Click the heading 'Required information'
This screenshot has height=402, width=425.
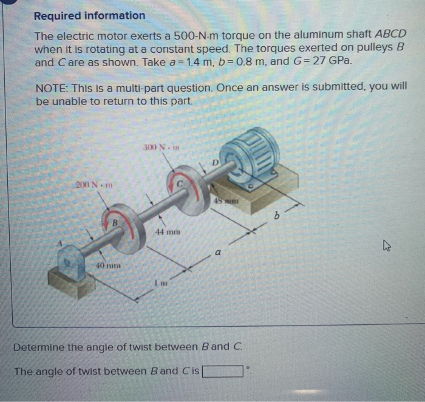(89, 16)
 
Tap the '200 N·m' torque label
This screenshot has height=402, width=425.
(91, 183)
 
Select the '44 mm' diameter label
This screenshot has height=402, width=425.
(167, 233)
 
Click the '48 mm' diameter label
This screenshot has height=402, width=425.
(226, 200)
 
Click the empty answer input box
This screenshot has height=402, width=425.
(223, 371)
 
